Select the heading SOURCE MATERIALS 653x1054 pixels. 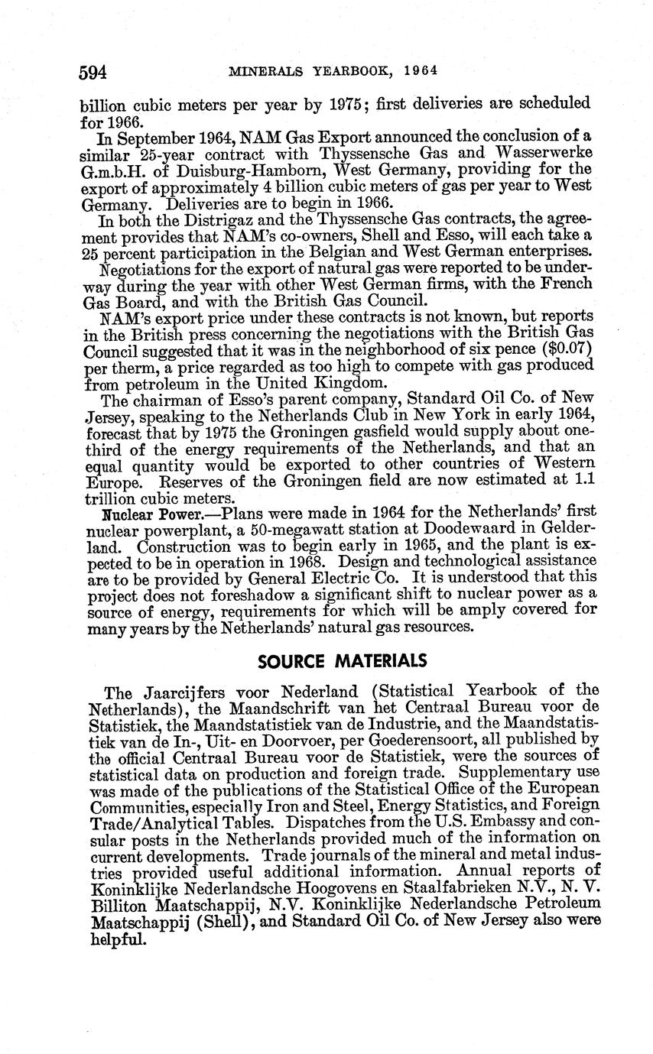(x=341, y=660)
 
